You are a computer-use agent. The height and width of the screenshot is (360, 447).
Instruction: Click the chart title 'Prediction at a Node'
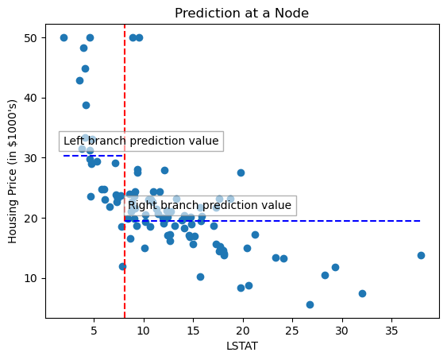pyautogui.click(x=241, y=13)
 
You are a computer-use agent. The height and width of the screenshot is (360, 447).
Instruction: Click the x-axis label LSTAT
pyautogui.click(x=241, y=346)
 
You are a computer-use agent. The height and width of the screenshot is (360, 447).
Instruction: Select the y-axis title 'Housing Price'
pyautogui.click(x=13, y=172)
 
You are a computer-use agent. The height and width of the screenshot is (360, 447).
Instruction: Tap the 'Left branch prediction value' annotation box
pyautogui.click(x=141, y=141)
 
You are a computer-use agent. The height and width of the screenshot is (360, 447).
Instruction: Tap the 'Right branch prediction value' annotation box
pyautogui.click(x=210, y=206)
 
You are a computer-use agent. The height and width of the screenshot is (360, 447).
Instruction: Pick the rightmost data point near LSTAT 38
pyautogui.click(x=421, y=255)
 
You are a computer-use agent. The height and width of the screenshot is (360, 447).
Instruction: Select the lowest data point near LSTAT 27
pyautogui.click(x=310, y=304)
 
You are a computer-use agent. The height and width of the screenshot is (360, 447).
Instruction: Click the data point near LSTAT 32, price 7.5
pyautogui.click(x=362, y=293)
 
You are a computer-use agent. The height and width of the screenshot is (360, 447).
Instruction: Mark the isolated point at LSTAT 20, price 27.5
pyautogui.click(x=241, y=172)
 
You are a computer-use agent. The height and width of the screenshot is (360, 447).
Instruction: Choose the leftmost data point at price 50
pyautogui.click(x=64, y=37)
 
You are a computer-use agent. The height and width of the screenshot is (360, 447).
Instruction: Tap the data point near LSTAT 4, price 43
pyautogui.click(x=79, y=80)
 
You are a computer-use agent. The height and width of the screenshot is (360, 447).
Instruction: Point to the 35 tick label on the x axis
pyautogui.click(x=391, y=329)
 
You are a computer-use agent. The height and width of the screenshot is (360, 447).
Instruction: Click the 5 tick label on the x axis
pyautogui.click(x=94, y=329)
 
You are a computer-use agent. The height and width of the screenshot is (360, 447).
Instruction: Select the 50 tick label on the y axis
pyautogui.click(x=28, y=38)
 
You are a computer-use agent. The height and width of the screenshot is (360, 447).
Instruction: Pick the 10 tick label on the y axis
pyautogui.click(x=28, y=278)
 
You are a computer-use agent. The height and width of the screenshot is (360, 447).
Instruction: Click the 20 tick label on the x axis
pyautogui.click(x=243, y=329)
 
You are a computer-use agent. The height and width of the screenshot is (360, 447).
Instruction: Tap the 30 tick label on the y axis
pyautogui.click(x=28, y=158)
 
